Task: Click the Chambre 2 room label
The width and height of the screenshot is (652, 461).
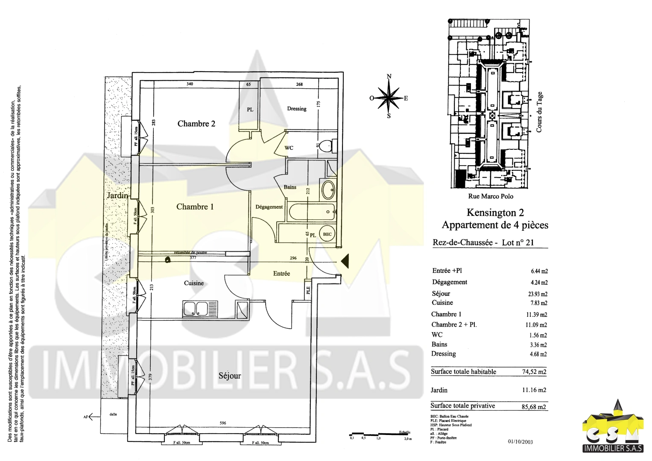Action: point(196,124)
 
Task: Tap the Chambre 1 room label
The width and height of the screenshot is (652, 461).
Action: point(195,207)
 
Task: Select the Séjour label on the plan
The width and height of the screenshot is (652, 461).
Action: point(229,376)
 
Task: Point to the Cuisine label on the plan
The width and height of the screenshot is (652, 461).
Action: point(194,283)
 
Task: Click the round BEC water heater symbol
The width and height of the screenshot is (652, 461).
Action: point(327,234)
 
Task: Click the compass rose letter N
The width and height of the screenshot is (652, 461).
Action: point(389,77)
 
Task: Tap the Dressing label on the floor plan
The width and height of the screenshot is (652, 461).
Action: point(297,109)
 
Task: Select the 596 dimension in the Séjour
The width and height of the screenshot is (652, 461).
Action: point(223,423)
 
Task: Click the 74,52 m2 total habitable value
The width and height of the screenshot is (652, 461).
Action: point(534,372)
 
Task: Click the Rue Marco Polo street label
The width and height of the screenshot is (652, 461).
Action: point(491,196)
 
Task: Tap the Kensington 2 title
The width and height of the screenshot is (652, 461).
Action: point(495,213)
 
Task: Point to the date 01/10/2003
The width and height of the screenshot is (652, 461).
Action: point(520,442)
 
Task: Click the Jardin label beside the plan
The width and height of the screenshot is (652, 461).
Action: point(117,195)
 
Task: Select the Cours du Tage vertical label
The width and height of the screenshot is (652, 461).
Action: point(539,112)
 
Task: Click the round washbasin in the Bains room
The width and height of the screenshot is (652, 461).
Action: point(328,190)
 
